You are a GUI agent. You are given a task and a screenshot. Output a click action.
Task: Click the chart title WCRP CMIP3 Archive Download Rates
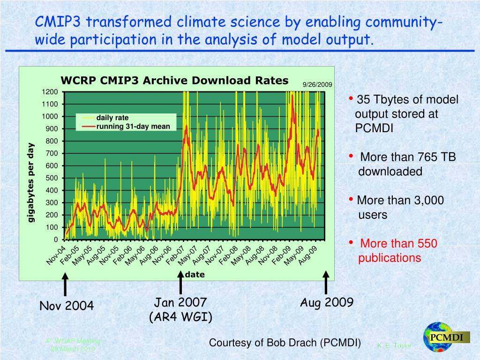coord(174,81)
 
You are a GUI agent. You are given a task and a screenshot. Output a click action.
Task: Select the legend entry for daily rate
coord(112,118)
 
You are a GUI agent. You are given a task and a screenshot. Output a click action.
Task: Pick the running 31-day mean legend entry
coord(133,126)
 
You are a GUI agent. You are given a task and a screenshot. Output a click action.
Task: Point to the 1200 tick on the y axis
coord(52,92)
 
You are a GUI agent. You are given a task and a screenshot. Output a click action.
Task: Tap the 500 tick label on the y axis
coord(52,178)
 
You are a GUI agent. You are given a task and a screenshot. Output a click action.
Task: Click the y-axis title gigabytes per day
coord(31,183)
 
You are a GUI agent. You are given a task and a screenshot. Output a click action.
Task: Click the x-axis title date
coord(195,275)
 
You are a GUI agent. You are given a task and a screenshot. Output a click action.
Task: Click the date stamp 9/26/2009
coord(317,85)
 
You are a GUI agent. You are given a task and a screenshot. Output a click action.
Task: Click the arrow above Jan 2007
coord(181,283)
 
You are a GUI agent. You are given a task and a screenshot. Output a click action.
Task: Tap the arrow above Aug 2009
coord(326,283)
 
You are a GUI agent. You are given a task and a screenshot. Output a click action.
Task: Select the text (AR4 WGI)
coord(180,317)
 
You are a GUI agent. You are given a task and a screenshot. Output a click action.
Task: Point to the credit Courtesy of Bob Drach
coord(285,343)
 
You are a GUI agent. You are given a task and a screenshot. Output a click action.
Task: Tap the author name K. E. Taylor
coord(394,346)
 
